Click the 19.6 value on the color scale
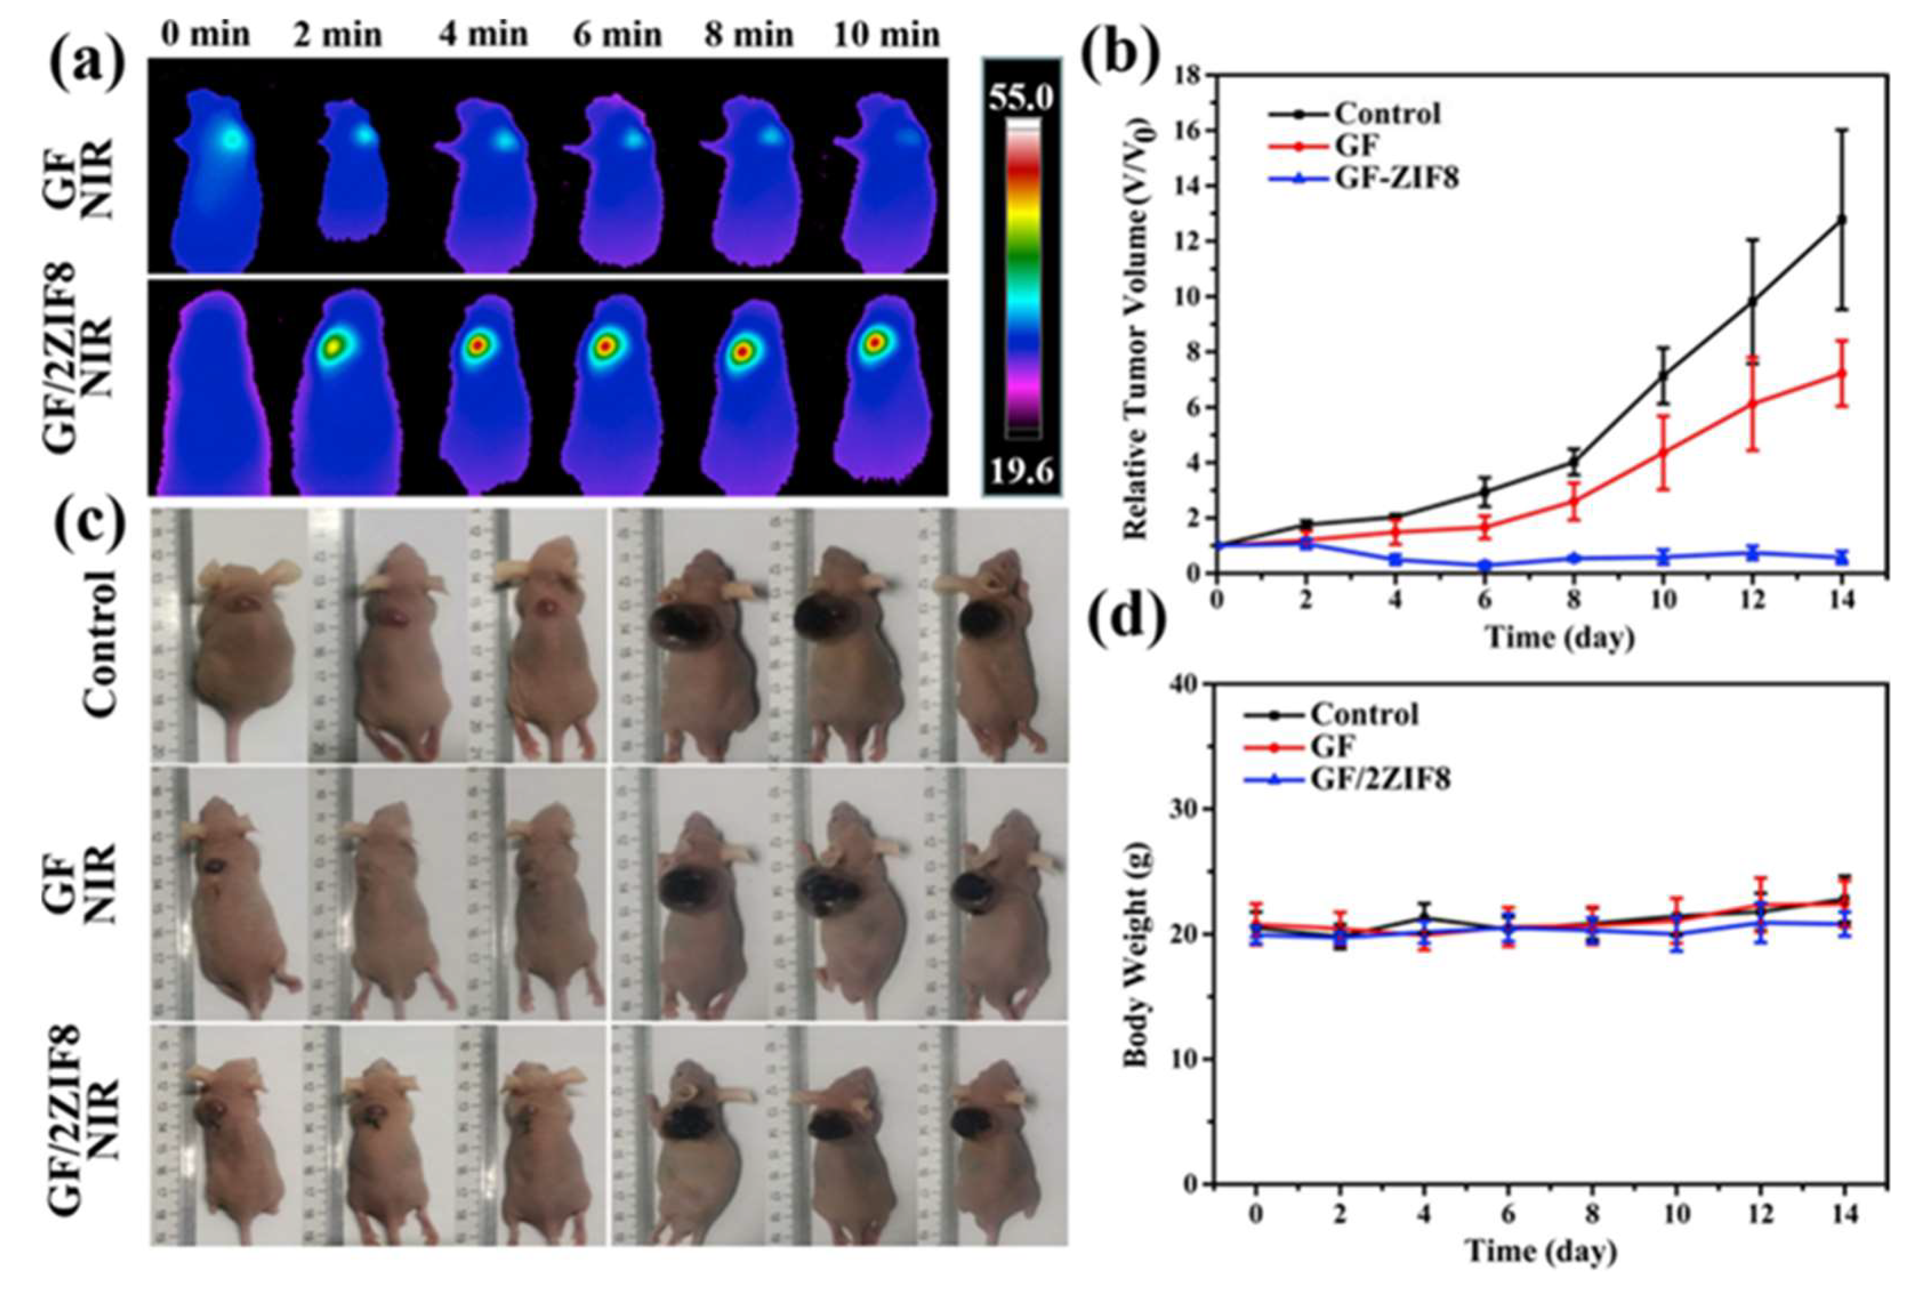coord(1021,472)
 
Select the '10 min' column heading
coord(886,35)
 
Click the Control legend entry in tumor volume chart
coord(1386,114)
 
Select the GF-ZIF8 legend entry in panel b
coord(1395,177)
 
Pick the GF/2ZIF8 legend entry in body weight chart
coord(1379,778)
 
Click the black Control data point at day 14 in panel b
coord(1841,220)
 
